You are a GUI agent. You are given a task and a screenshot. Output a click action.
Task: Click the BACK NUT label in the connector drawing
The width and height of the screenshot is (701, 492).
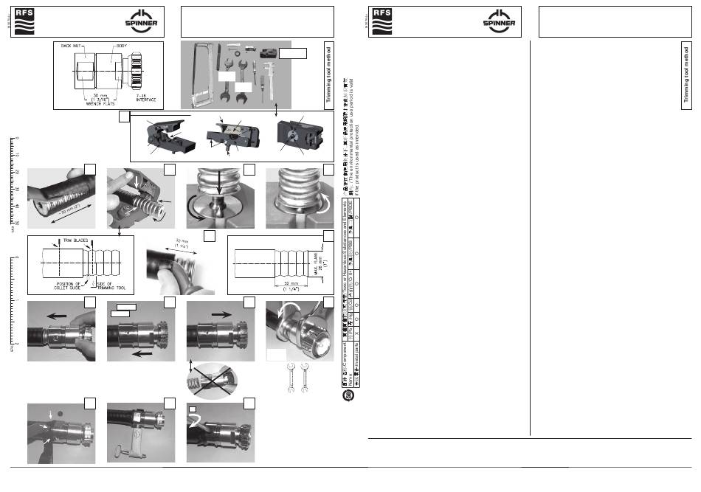click(75, 46)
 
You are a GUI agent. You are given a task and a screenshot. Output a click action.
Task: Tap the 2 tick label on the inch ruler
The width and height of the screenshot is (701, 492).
click(16, 344)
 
